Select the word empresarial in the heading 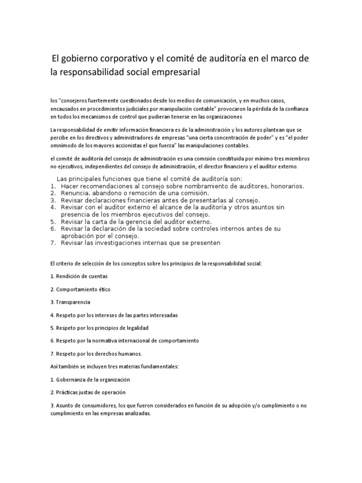click(174, 72)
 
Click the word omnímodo click(63, 145)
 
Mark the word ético click(104, 289)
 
